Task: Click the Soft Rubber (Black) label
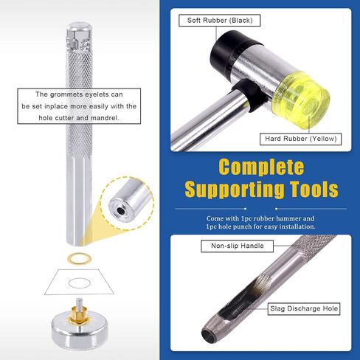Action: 220,21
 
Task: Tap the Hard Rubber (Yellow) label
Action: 300,139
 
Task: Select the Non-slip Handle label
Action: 237,246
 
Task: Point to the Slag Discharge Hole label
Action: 304,308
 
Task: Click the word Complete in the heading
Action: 261,167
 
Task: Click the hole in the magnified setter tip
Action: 120,211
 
